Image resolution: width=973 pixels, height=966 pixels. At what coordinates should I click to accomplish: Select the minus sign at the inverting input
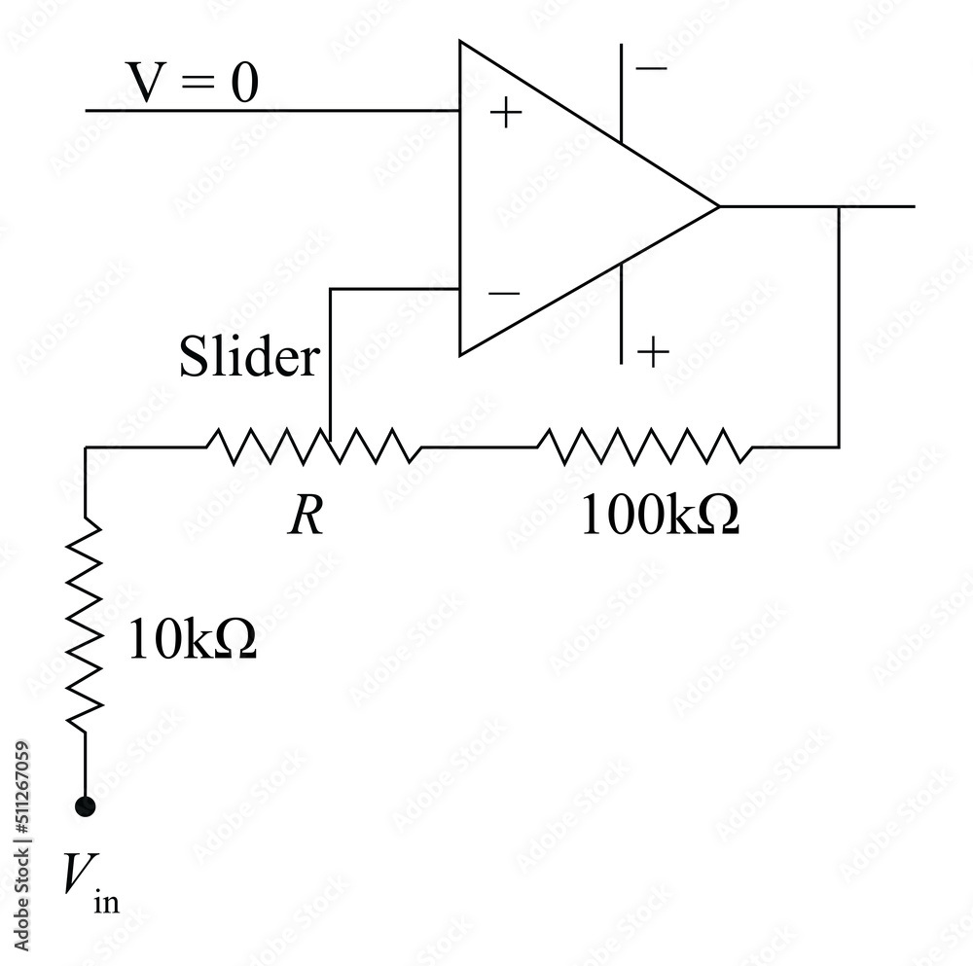[504, 293]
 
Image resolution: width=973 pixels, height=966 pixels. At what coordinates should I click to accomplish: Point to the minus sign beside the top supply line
[652, 68]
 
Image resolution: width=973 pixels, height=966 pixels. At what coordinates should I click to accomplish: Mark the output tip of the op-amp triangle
[717, 206]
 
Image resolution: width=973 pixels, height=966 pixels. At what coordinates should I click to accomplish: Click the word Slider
[248, 358]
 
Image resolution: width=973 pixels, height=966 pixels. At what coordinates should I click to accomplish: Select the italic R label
[306, 518]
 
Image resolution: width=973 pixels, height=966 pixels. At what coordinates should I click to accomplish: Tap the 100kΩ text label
[659, 518]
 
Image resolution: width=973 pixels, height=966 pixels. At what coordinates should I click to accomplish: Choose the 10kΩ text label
[192, 642]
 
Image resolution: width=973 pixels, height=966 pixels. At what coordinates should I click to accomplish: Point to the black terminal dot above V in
[86, 805]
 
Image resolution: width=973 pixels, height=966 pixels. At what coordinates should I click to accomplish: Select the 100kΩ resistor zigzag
[643, 447]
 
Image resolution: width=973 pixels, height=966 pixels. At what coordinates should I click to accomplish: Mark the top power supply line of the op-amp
[621, 92]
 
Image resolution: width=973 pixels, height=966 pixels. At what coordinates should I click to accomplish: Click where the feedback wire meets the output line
[839, 206]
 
